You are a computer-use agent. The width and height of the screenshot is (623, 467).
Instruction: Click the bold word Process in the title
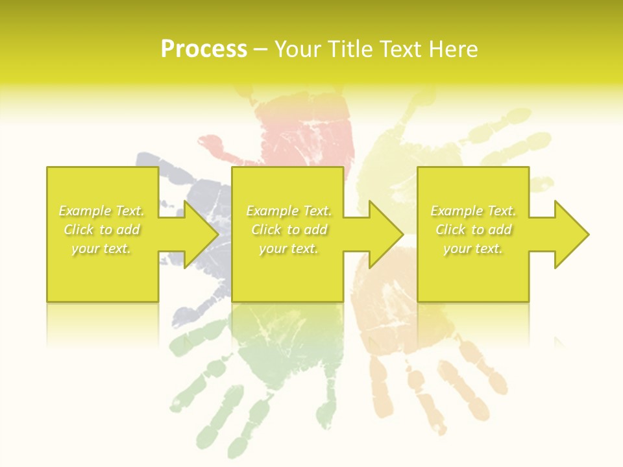[x=204, y=49]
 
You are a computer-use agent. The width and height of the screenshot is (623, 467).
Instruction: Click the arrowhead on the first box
[x=200, y=234]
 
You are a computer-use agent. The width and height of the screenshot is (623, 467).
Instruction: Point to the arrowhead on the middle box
[x=385, y=234]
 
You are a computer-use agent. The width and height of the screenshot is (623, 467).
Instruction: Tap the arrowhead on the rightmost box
[x=570, y=234]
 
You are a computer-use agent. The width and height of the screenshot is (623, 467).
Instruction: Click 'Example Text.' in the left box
[x=102, y=211]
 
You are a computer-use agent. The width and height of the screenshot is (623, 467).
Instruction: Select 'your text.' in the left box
[x=102, y=248]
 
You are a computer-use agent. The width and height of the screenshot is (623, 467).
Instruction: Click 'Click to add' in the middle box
[x=289, y=230]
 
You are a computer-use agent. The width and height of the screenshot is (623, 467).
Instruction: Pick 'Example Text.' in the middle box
[x=289, y=211]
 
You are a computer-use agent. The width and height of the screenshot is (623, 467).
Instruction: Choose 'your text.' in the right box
[x=473, y=248]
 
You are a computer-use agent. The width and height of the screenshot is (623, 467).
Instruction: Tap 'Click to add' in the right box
[x=473, y=230]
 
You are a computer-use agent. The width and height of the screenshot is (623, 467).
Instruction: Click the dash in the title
[x=261, y=50]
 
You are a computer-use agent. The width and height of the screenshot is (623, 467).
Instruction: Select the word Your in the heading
[x=299, y=49]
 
